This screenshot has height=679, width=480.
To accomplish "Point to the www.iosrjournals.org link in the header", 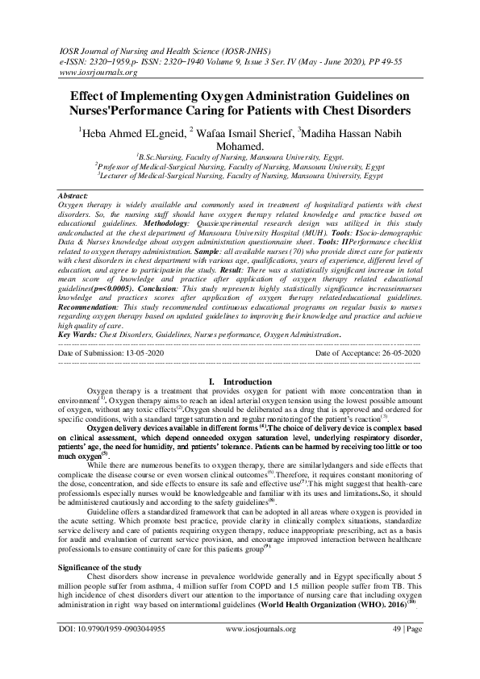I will click(x=94, y=71).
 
